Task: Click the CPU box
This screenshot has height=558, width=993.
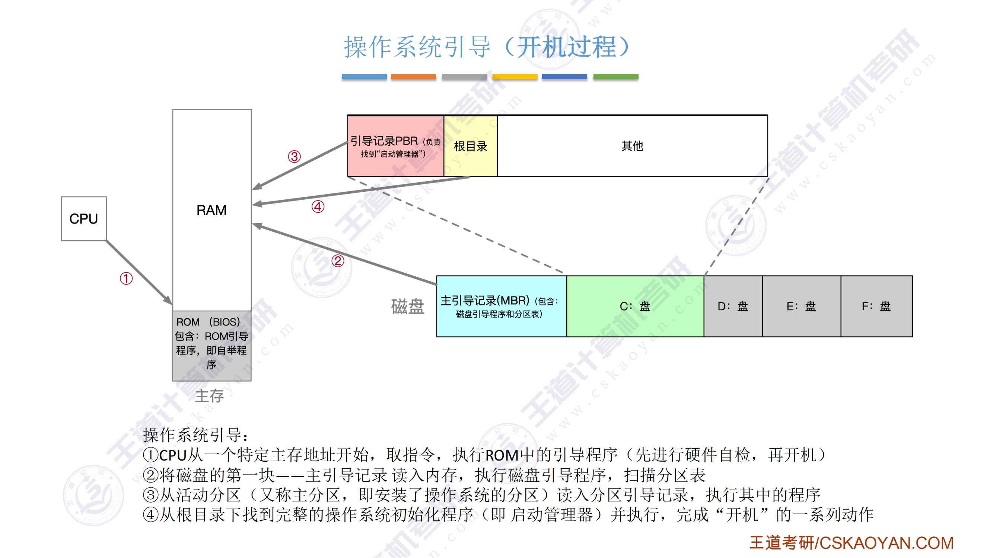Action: coord(84,219)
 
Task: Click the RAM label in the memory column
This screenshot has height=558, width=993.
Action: coord(211,210)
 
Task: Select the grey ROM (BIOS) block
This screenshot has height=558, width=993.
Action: coord(211,346)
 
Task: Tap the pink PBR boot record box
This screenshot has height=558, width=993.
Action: coord(395,146)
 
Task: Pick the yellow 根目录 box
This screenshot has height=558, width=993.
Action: coord(471,146)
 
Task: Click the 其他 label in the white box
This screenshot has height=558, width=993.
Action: coord(632,146)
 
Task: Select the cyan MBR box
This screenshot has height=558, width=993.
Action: coord(502,307)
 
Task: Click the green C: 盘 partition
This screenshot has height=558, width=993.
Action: coord(635,307)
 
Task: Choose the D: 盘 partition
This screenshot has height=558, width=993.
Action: coord(733,307)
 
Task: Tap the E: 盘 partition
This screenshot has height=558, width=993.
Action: coord(802,307)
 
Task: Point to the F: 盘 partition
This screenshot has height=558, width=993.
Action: coord(877,307)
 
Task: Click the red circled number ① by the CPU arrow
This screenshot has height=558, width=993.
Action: coord(126,278)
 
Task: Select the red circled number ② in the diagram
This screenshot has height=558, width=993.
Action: coord(338,261)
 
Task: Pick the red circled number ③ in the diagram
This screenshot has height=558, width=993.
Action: coord(295,156)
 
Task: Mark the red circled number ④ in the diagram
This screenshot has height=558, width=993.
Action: coord(318,207)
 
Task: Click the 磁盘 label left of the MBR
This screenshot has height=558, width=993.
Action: coord(407,307)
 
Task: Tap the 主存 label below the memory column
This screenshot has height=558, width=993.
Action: coord(209,396)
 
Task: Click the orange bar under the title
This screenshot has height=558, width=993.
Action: coord(413,77)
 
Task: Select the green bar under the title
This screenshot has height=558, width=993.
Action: coord(615,77)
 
